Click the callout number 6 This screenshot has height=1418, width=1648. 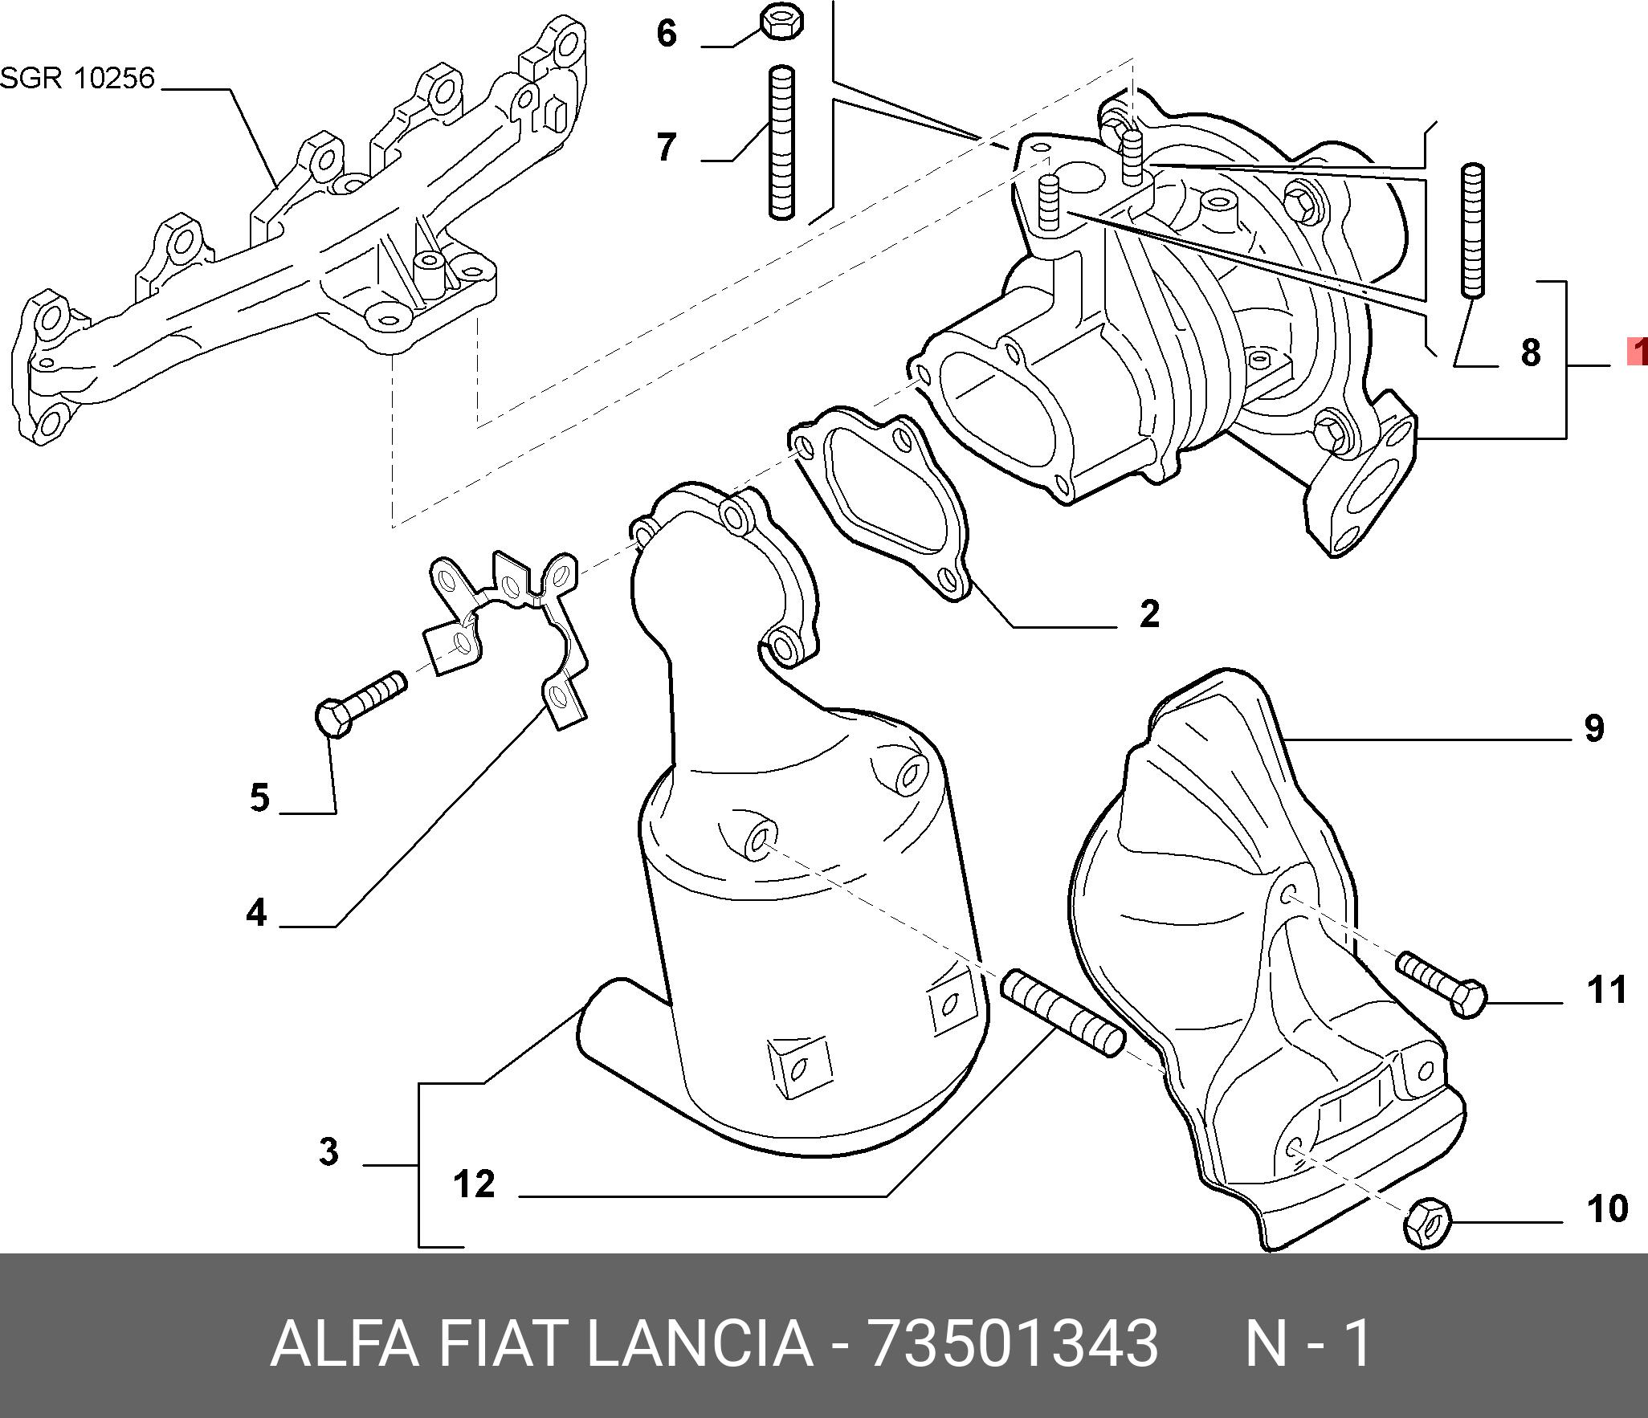pyautogui.click(x=667, y=34)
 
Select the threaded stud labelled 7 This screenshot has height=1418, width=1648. pyautogui.click(x=781, y=144)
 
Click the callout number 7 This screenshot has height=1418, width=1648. pyautogui.click(x=667, y=147)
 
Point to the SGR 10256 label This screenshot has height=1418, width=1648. pyautogui.click(x=77, y=78)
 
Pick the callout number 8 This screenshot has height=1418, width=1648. pyautogui.click(x=1531, y=352)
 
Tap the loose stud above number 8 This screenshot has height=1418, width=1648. pyautogui.click(x=1473, y=230)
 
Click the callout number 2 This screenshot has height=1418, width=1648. pyautogui.click(x=1150, y=614)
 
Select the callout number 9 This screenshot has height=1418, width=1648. pyautogui.click(x=1594, y=728)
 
